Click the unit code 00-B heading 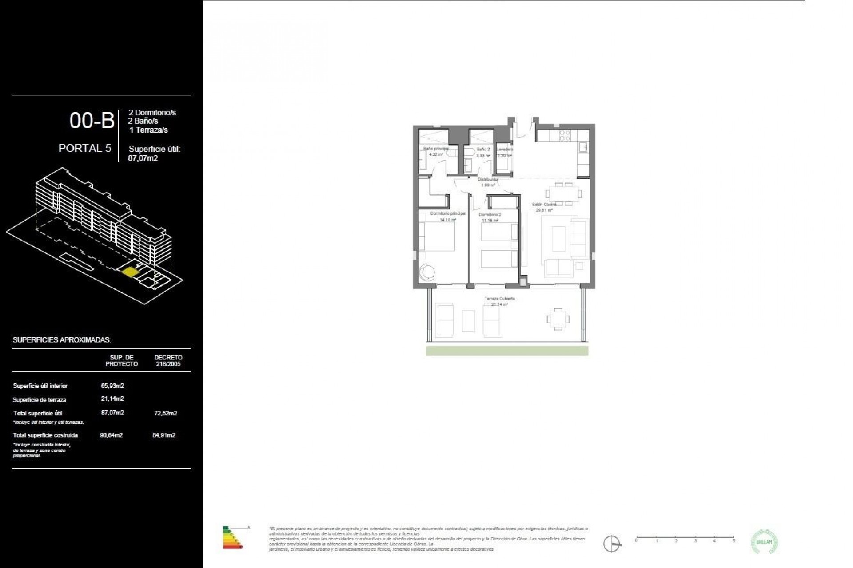pos(92,121)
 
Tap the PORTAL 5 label pos(85,148)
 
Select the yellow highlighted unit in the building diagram pos(130,272)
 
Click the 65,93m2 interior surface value pos(112,386)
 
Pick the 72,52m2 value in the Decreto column pos(165,413)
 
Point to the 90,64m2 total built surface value pos(112,435)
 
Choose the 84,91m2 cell pos(164,435)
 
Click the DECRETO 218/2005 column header pos(168,360)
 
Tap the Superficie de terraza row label pos(40,400)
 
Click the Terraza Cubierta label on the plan pos(500,299)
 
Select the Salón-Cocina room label pos(544,205)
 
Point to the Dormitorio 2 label pos(490,215)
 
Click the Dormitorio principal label pos(448,213)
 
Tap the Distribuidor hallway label pos(488,180)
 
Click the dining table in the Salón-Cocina pos(564,193)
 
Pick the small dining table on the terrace pos(558,319)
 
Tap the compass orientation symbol pos(612,544)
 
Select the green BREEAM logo pos(764,542)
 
